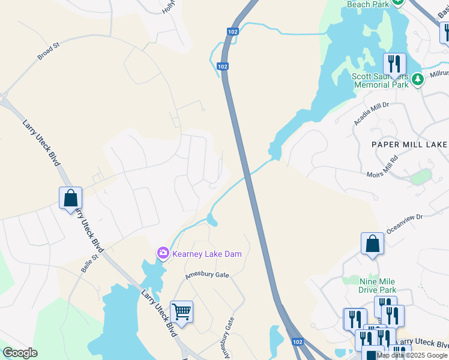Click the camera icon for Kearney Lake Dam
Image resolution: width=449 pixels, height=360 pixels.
click(163, 254)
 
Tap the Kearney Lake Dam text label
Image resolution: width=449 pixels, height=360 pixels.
click(206, 254)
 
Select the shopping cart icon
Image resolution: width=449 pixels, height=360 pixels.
click(181, 312)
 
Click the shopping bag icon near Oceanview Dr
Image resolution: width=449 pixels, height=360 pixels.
click(372, 244)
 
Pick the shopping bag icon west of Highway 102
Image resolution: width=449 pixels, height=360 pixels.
click(70, 198)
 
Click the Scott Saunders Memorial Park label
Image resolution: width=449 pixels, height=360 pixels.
click(380, 80)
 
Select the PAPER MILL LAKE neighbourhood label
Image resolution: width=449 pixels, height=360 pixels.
click(409, 145)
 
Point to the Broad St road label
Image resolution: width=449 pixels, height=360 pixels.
click(49, 51)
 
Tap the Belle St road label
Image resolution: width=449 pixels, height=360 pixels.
click(90, 263)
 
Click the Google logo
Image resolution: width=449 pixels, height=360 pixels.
click(20, 353)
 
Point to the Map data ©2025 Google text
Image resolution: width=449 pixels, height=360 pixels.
click(412, 355)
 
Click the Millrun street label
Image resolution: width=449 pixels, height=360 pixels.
click(439, 74)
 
